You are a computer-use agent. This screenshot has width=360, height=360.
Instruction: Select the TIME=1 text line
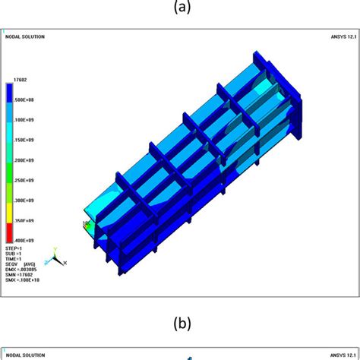point(14,259)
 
